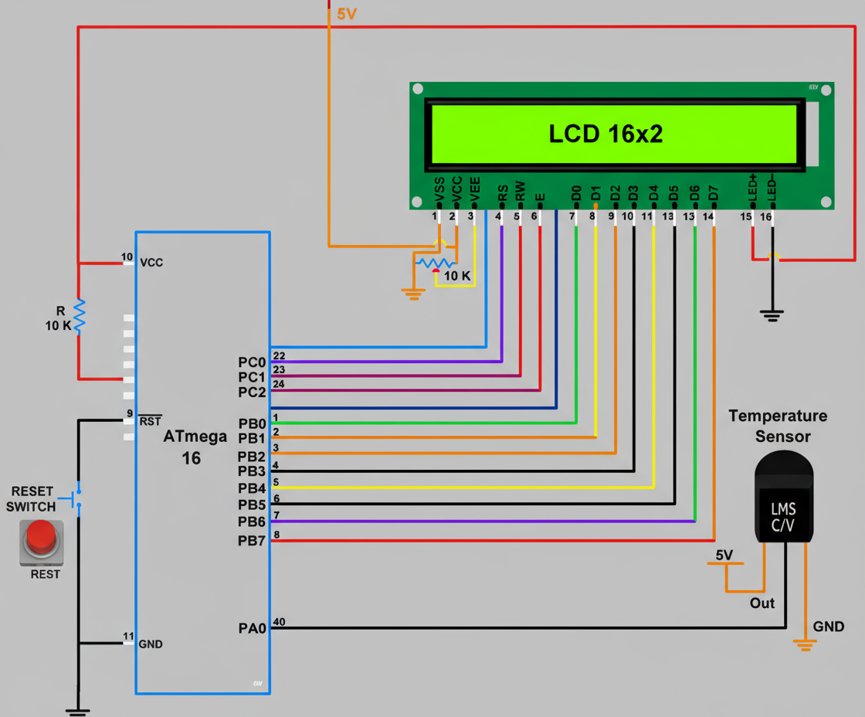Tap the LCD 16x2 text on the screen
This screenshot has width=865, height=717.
click(605, 134)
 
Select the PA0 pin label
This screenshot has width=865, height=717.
click(252, 629)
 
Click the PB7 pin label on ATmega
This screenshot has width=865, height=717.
click(252, 541)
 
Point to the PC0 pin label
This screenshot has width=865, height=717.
click(252, 362)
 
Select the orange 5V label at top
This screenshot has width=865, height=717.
click(347, 13)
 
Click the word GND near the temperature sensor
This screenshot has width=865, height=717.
click(829, 627)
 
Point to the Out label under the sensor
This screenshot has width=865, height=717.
click(762, 603)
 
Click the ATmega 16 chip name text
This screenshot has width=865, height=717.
click(194, 447)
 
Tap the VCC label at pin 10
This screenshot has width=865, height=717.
click(151, 263)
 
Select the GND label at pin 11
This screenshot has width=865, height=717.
click(151, 644)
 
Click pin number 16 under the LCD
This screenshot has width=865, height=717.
click(766, 217)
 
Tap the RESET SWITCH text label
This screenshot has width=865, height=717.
click(32, 499)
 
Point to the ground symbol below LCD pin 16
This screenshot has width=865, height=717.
click(771, 314)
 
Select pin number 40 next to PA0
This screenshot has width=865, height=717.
click(280, 622)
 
